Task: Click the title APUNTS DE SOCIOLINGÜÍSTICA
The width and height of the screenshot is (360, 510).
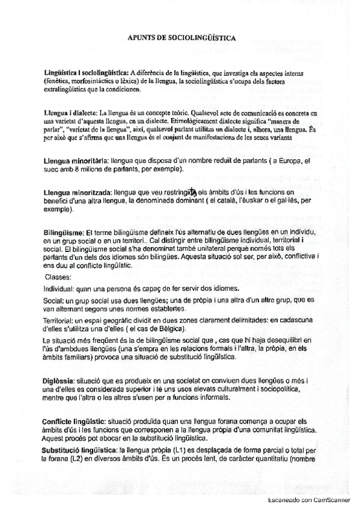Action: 181,37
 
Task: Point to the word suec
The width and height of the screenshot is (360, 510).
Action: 51,170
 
